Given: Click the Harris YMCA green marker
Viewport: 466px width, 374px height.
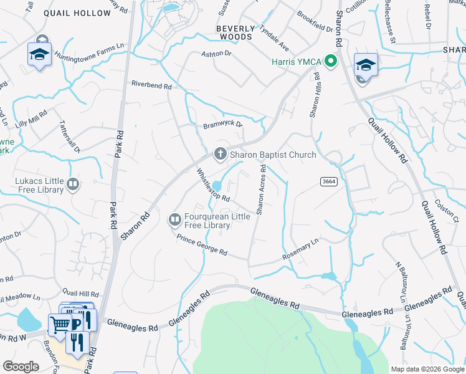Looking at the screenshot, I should (331, 61).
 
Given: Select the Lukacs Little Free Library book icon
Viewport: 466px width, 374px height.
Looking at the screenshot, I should (73, 184).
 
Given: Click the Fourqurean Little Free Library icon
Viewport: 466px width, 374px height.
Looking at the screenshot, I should (174, 219).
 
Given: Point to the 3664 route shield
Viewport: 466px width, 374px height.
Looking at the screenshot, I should (329, 181).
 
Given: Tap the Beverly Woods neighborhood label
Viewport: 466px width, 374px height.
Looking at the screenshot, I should (235, 32).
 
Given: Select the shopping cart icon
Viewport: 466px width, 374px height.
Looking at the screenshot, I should (60, 324).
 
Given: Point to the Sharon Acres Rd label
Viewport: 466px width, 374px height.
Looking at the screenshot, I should (262, 189).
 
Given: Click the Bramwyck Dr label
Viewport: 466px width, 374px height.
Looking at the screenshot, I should (222, 126).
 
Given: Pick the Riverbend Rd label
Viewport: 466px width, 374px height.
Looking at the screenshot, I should (151, 85).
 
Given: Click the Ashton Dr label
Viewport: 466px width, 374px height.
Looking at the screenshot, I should (216, 54).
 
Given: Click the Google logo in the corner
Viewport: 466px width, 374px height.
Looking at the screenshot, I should (21, 367).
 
